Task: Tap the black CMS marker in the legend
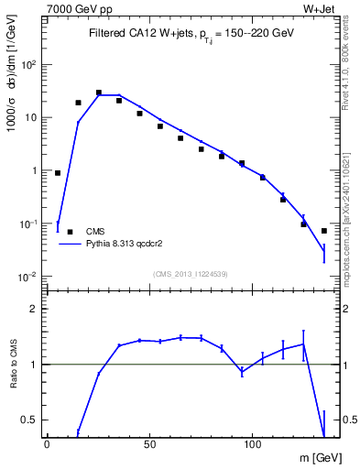[71, 232]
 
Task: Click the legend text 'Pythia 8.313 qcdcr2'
[125, 245]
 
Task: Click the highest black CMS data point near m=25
[99, 93]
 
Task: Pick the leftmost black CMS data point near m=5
[58, 172]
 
